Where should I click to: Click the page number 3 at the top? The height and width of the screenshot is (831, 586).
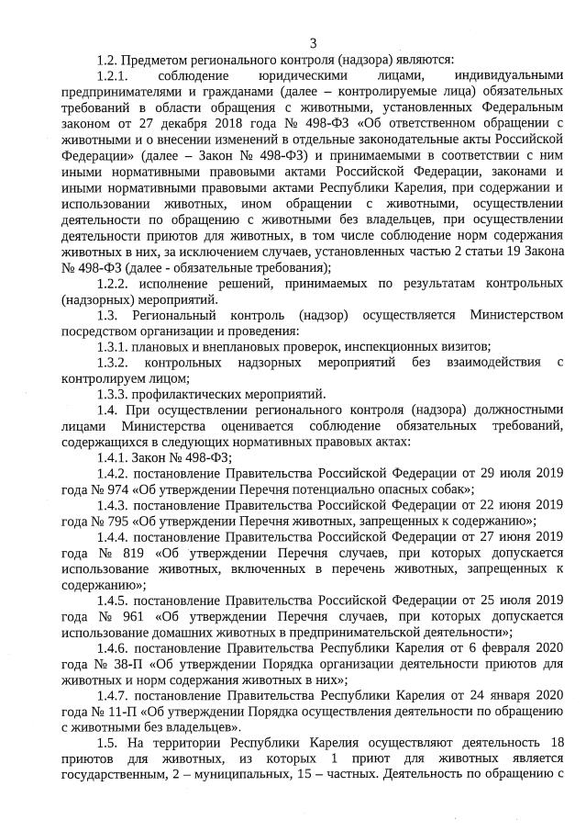[x=313, y=42]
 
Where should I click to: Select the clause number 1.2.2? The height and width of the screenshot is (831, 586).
[x=116, y=283]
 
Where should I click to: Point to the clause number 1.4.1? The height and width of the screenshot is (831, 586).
[x=116, y=457]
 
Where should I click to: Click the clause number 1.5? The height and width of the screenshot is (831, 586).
[x=110, y=743]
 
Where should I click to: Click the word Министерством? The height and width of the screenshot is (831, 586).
[x=516, y=315]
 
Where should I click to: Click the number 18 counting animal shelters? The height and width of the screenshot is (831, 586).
[x=554, y=743]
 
